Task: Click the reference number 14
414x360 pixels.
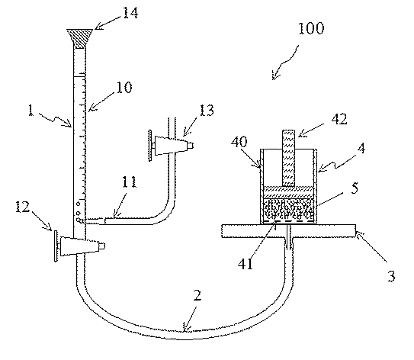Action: click(x=130, y=12)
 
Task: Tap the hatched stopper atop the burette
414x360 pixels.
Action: click(x=79, y=38)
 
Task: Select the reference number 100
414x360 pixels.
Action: click(x=311, y=28)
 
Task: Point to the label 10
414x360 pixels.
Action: click(x=124, y=88)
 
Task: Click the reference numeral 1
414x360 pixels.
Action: click(x=31, y=111)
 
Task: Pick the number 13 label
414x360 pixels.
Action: click(x=206, y=111)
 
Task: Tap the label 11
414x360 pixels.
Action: click(x=129, y=182)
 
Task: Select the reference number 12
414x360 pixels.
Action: click(x=22, y=207)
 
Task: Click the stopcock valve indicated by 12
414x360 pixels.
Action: click(x=79, y=246)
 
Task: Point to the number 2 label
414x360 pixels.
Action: click(x=197, y=296)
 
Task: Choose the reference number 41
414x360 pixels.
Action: click(x=246, y=264)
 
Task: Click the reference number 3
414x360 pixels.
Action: click(x=391, y=276)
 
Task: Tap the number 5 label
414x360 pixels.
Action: click(x=355, y=188)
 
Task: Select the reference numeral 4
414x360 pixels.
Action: click(x=361, y=149)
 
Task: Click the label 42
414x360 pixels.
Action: click(x=339, y=120)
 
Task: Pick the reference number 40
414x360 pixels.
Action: click(x=239, y=142)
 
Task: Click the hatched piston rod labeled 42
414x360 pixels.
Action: click(x=289, y=158)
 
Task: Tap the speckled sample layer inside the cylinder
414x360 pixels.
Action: click(x=289, y=210)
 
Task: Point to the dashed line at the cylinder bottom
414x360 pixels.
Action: click(x=289, y=221)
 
